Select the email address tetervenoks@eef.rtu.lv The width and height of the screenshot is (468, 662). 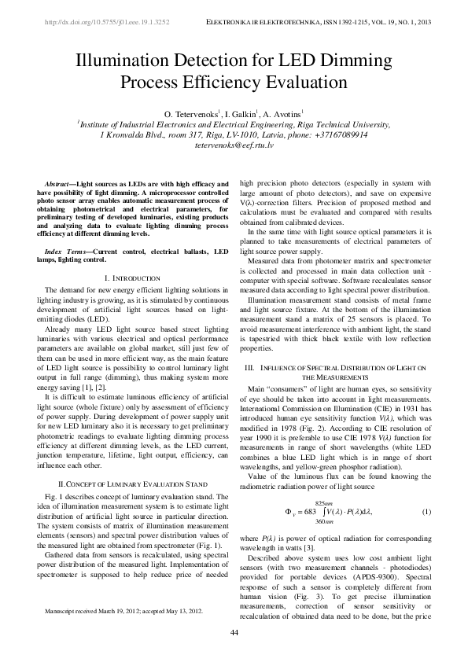coord(234,146)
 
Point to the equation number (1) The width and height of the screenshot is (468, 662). coord(426,512)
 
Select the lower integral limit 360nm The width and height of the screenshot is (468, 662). coord(326,524)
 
